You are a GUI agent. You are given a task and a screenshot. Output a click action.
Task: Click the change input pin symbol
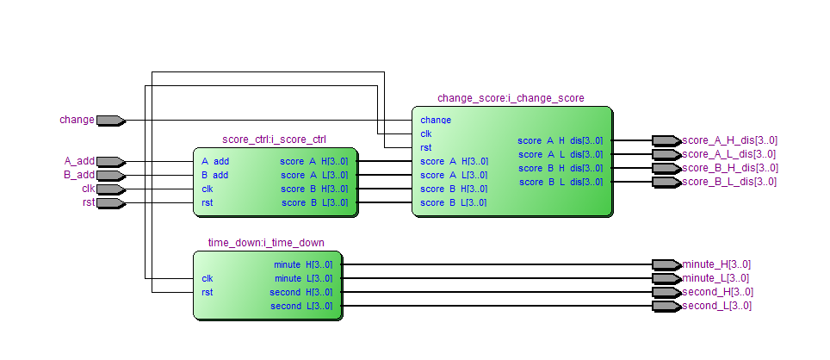(109, 121)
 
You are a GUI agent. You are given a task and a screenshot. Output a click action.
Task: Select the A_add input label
(79, 161)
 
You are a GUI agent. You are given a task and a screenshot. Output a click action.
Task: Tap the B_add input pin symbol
(109, 175)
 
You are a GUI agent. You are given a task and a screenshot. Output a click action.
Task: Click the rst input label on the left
(87, 202)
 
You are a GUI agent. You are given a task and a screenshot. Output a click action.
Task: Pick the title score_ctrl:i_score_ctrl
(274, 139)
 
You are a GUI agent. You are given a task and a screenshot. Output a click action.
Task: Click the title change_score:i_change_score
(511, 98)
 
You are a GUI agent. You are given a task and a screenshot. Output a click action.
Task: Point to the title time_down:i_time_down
(266, 242)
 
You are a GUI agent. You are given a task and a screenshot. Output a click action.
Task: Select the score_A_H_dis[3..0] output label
(729, 140)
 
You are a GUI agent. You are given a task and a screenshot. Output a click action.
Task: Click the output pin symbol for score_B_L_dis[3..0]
(665, 182)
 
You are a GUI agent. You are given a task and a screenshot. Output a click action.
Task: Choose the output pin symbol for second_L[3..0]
(665, 306)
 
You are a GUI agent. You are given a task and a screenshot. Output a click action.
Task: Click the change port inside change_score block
(436, 121)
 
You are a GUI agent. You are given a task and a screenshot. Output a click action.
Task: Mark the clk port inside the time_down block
(207, 278)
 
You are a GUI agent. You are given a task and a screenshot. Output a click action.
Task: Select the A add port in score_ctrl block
(215, 161)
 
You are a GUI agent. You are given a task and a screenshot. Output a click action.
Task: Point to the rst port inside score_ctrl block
(207, 202)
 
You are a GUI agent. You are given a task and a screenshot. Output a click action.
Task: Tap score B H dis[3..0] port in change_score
(560, 168)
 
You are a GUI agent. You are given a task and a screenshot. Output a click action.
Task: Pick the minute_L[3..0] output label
(715, 278)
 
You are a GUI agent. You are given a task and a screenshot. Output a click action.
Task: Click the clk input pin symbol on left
(109, 189)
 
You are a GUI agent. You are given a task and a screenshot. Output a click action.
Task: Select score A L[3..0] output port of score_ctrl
(314, 175)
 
